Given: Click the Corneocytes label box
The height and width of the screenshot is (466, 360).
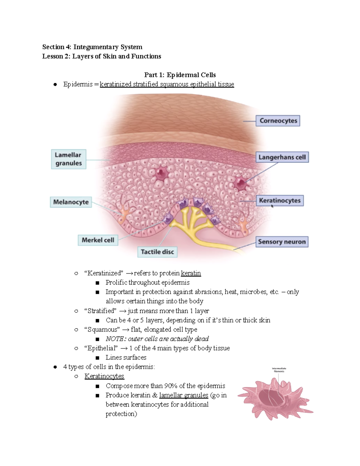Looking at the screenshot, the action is coord(278,121).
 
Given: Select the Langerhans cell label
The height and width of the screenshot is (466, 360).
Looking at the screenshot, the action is coord(282,157).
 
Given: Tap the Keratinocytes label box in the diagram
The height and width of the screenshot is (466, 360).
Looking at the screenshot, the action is coord(280,200).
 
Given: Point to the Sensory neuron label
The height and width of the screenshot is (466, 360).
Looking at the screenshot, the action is coord(282,242).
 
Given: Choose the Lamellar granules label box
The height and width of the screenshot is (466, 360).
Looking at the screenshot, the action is coord(69,159).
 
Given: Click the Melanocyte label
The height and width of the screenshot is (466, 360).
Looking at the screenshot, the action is coord(71,202).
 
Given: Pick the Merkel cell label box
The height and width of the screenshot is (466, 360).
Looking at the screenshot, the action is coord(98,240).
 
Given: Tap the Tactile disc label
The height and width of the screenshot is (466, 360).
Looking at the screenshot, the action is coord(157,252).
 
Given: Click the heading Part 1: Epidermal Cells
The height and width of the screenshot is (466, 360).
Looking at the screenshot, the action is coord(180,75).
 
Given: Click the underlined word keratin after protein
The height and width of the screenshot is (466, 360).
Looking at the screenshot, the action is coord(191,273).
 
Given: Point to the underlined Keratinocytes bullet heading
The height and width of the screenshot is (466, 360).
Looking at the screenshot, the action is coord(104,376).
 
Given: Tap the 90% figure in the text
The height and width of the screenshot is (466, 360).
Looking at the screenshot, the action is coord(171,386).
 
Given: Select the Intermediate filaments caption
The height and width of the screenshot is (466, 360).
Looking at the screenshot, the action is coord(279,370).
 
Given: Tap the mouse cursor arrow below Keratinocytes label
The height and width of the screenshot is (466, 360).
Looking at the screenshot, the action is coord(272,206).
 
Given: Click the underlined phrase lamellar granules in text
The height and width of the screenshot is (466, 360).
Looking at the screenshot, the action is coord(184,395).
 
